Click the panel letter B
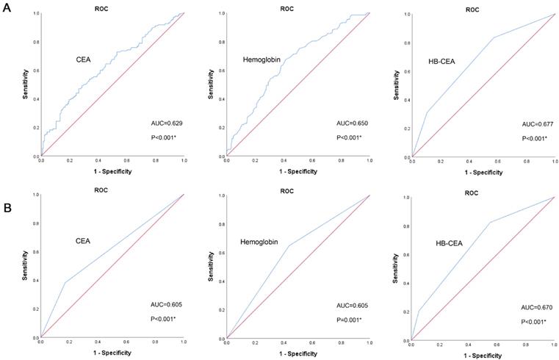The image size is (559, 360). (x=7, y=208)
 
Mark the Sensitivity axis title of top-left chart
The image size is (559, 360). (x=25, y=84)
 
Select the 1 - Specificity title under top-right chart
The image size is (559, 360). (x=482, y=172)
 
